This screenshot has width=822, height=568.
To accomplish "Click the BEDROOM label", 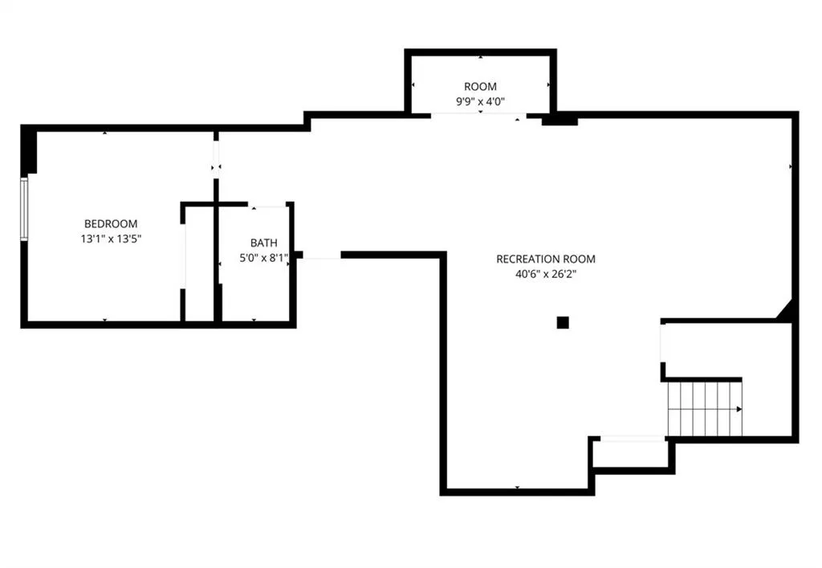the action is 111,224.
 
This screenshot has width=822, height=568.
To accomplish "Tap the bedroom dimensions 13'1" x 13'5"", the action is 111,239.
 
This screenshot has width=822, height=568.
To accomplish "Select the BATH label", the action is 263,243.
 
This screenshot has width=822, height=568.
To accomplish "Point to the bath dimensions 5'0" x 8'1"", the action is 263,258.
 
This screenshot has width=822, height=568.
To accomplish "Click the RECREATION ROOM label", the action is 546,259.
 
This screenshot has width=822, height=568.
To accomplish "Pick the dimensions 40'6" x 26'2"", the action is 546,274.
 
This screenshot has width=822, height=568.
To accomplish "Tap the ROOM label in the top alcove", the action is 480,87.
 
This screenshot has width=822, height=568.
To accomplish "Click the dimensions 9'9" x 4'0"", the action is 480,101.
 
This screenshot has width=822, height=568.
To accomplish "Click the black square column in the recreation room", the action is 563,322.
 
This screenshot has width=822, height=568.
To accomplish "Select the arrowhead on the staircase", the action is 739,409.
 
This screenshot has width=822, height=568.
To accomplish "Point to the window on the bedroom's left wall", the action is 23,209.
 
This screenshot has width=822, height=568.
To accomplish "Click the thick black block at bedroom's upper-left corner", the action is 29,150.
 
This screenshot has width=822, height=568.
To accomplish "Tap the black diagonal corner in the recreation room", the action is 786,310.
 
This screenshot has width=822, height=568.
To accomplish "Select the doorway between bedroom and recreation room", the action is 216,160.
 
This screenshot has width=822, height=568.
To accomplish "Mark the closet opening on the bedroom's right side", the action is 183,256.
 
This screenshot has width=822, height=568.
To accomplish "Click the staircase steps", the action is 704,409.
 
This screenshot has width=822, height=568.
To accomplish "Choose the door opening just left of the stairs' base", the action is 633,439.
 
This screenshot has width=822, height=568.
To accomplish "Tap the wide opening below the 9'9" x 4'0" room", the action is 478,114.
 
